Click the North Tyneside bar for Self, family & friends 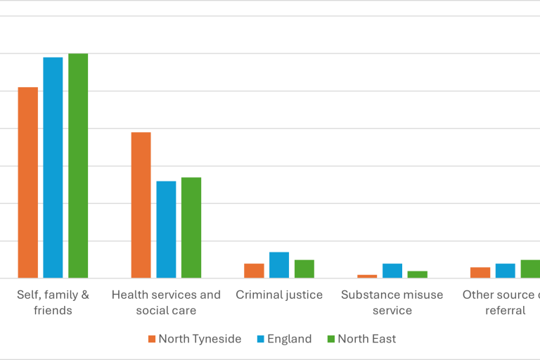click(x=28, y=183)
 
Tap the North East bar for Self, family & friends click(x=78, y=166)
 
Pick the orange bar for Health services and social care click(x=141, y=205)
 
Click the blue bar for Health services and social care click(x=166, y=230)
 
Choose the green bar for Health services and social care click(x=191, y=228)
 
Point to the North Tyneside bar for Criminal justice click(x=254, y=271)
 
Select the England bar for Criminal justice click(x=279, y=265)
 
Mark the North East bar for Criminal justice click(x=304, y=269)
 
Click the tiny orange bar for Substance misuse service click(x=367, y=276)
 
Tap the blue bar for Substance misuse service click(x=392, y=271)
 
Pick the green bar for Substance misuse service click(x=417, y=274)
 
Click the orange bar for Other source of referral click(x=480, y=273)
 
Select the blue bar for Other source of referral click(x=505, y=271)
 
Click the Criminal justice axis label click(x=279, y=295)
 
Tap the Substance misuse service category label click(x=392, y=302)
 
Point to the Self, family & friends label click(x=53, y=302)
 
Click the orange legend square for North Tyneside click(x=152, y=340)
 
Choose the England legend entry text click(x=289, y=339)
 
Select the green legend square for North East click(x=331, y=340)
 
